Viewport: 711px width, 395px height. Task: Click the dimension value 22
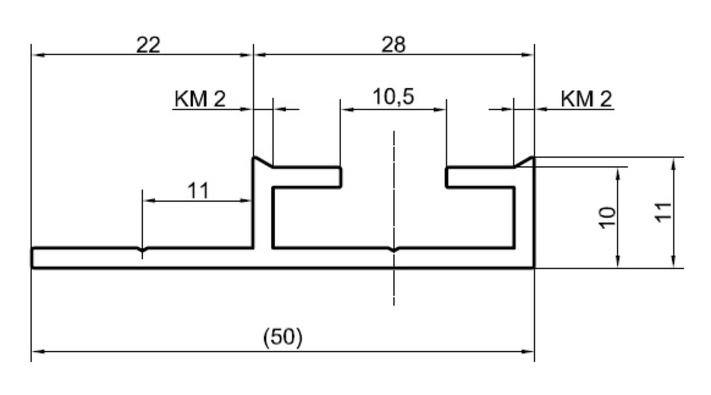click(x=148, y=45)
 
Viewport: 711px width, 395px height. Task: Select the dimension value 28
click(x=393, y=45)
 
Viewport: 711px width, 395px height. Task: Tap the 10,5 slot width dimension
click(x=393, y=97)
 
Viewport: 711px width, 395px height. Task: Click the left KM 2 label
click(x=200, y=99)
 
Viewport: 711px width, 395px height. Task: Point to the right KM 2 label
click(x=586, y=99)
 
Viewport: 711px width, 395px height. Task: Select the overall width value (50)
click(x=283, y=337)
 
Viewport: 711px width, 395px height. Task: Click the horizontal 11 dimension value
click(x=198, y=191)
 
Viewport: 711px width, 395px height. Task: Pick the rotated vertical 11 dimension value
click(x=664, y=212)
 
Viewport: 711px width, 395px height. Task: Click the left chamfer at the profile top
click(x=264, y=162)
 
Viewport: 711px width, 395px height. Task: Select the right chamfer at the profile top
click(x=524, y=162)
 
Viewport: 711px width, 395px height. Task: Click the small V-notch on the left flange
click(x=142, y=249)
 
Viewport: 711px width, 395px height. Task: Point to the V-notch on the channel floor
click(x=394, y=250)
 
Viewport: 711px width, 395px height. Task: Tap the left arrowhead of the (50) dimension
click(x=38, y=351)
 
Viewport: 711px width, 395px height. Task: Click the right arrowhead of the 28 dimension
click(x=528, y=55)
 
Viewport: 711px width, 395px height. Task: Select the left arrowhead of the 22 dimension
click(x=38, y=55)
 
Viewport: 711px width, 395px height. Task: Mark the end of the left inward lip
click(x=341, y=177)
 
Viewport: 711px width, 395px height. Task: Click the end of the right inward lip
click(x=447, y=177)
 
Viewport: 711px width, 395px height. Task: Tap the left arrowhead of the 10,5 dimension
click(x=347, y=110)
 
